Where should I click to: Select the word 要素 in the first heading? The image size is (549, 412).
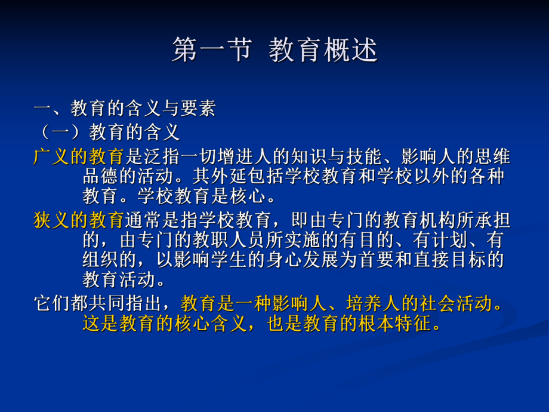coord(197,108)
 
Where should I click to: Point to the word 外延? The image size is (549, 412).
coord(212,177)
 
